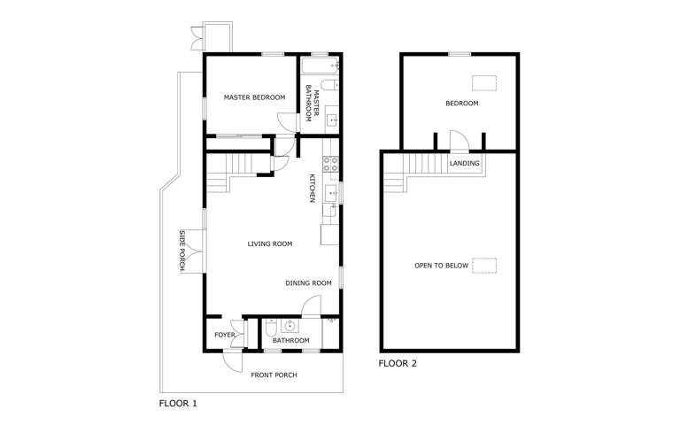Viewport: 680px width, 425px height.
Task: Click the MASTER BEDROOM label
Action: point(255,97)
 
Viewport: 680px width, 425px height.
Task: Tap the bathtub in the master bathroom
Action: point(320,66)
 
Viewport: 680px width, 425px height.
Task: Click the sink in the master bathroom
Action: point(333,120)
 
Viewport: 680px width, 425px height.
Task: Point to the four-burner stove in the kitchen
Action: point(330,164)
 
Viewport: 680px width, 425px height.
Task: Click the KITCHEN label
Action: point(312,189)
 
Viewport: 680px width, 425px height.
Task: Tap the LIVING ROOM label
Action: point(270,243)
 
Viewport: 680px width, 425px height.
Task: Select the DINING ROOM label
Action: point(308,283)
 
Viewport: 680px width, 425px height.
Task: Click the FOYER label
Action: point(225,335)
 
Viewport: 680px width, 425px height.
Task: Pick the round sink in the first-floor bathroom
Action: point(290,325)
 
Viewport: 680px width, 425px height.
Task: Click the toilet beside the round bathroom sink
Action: point(270,328)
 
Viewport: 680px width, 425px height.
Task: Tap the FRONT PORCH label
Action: point(274,375)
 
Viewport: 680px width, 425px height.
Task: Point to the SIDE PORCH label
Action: point(182,251)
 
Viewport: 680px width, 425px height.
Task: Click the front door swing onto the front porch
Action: point(233,361)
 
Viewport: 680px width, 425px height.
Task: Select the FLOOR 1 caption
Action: point(178,404)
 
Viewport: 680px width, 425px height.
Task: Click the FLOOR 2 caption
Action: point(398,363)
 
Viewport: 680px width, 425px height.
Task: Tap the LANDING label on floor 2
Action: point(465,164)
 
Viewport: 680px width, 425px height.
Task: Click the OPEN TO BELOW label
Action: point(442,266)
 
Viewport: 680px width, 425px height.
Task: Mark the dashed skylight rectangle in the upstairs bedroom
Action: point(484,83)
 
